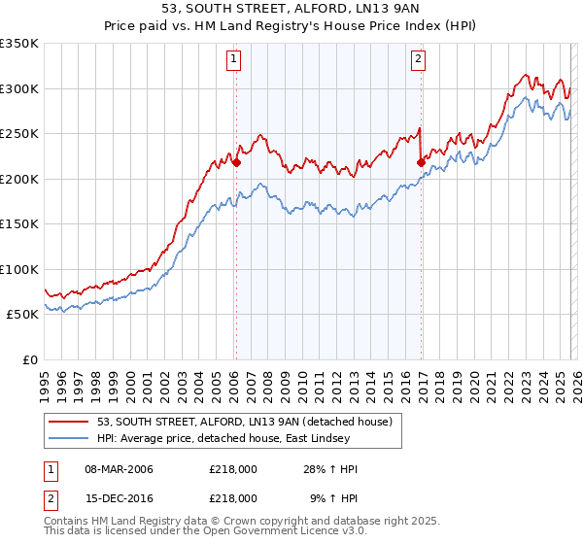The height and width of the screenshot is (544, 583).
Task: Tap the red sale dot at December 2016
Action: (421, 162)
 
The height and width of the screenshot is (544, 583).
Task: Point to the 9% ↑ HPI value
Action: (333, 497)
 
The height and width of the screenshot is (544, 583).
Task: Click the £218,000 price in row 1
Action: (233, 470)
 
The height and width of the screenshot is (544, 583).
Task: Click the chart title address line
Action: (291, 8)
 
